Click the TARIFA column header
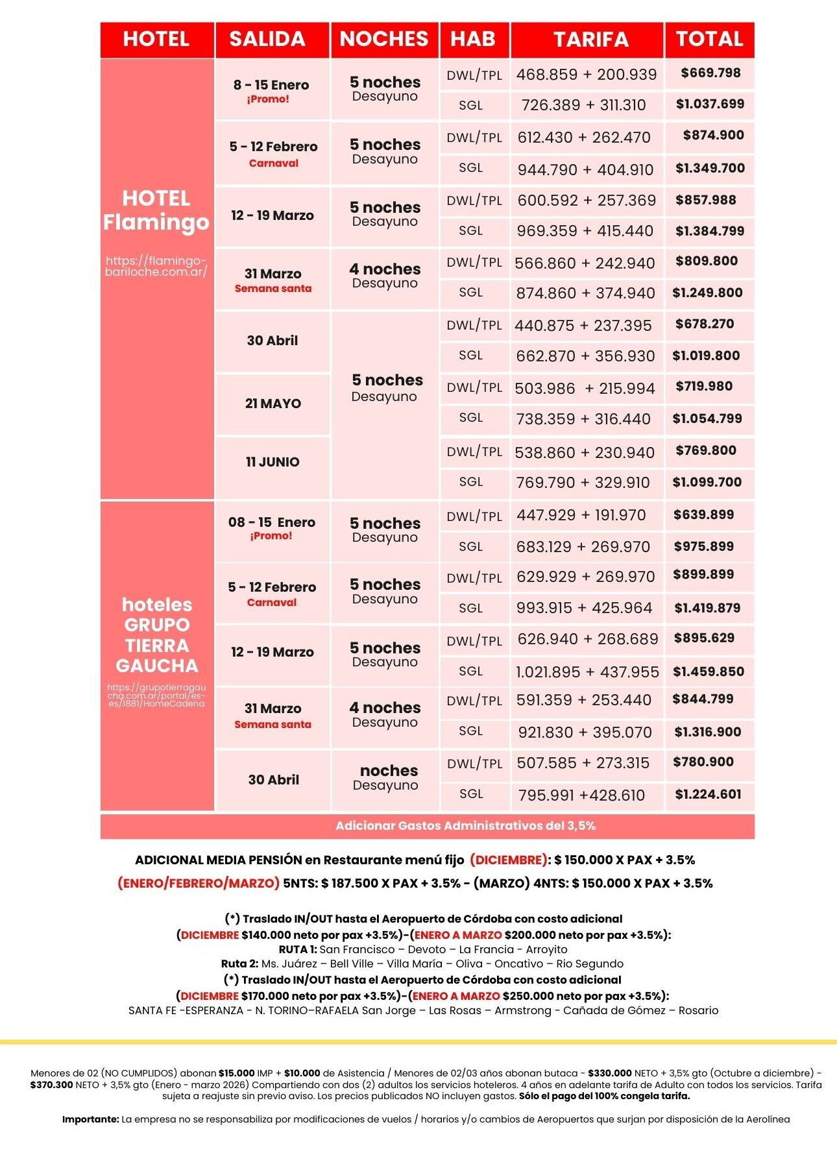coord(590,40)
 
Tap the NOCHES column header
coord(384,39)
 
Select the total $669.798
coord(710,73)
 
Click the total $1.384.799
coord(710,231)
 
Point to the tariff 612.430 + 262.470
coord(583,138)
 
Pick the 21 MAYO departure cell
coord(273,404)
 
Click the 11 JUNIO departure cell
coord(273,462)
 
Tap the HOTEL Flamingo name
coord(156,210)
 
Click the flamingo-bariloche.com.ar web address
coord(156,266)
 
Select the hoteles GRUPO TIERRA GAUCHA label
coord(157,635)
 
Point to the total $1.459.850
coord(709,672)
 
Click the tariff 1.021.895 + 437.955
coord(587,672)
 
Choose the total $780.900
coord(703,762)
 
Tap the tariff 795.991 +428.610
coord(581,795)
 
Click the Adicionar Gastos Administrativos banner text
coord(465,826)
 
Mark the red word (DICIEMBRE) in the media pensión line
coord(508,860)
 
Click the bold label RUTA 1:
coord(298,949)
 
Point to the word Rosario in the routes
coord(698,1010)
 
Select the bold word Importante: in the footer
coord(91,1119)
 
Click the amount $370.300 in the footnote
coord(51,1085)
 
